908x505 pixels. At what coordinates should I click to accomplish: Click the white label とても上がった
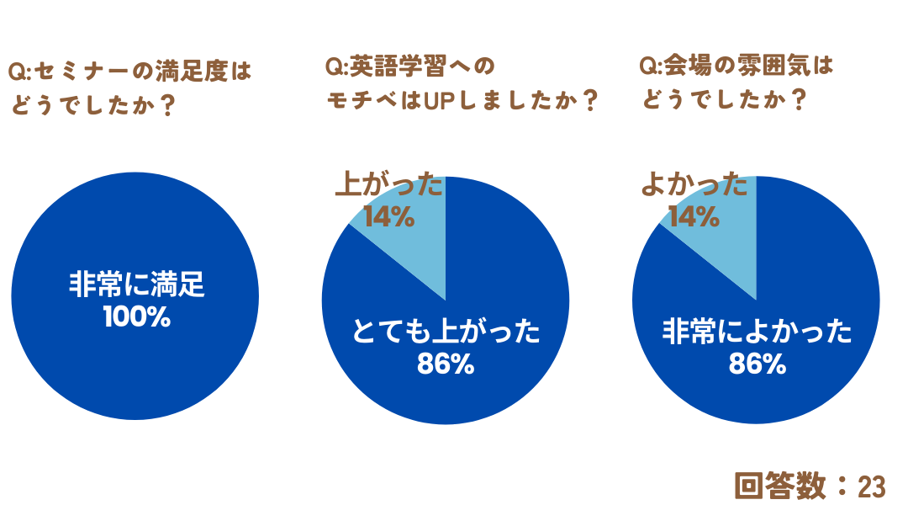pos(446,333)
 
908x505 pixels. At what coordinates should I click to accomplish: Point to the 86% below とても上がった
pos(446,364)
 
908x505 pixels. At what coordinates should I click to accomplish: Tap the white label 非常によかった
pos(757,332)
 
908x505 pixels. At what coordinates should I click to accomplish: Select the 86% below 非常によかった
pos(757,364)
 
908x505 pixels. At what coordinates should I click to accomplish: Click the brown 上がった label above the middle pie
pos(388,184)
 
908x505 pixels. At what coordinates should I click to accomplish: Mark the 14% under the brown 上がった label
pos(388,216)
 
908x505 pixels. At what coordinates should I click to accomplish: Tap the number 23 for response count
pos(872,486)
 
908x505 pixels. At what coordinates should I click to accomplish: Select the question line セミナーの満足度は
pos(130,72)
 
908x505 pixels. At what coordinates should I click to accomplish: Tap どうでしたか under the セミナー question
pos(92,107)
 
